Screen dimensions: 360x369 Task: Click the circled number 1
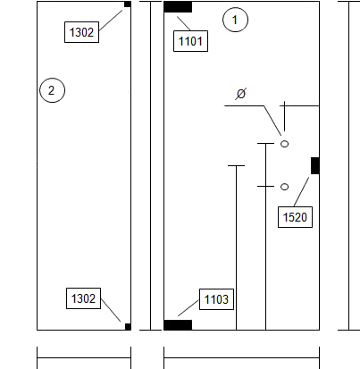[x=235, y=20]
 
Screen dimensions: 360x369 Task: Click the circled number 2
[x=52, y=90]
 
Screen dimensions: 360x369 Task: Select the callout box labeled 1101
[x=190, y=41]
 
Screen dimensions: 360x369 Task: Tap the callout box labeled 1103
[x=216, y=299]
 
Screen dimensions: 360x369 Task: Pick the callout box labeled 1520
[x=295, y=217]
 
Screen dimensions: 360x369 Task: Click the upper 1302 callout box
[x=81, y=32]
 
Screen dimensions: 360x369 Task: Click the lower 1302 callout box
[x=83, y=298]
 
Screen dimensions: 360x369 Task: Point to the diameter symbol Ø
[x=241, y=94]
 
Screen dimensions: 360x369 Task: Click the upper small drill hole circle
[x=285, y=144]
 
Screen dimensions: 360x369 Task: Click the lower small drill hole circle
[x=285, y=187]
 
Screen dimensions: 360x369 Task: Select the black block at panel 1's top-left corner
[x=178, y=7]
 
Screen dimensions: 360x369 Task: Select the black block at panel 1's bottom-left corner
[x=178, y=325]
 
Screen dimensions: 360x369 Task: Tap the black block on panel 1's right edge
[x=315, y=165]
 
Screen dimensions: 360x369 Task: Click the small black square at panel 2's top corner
[x=128, y=4]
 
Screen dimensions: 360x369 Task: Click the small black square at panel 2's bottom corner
[x=128, y=327]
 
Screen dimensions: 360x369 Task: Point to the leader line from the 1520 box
[x=301, y=192]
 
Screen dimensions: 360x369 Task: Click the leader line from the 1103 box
[x=188, y=307]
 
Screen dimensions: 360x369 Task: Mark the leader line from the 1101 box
[x=184, y=23]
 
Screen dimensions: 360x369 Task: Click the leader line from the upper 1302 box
[x=111, y=21]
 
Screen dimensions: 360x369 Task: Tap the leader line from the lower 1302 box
[x=111, y=310]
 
